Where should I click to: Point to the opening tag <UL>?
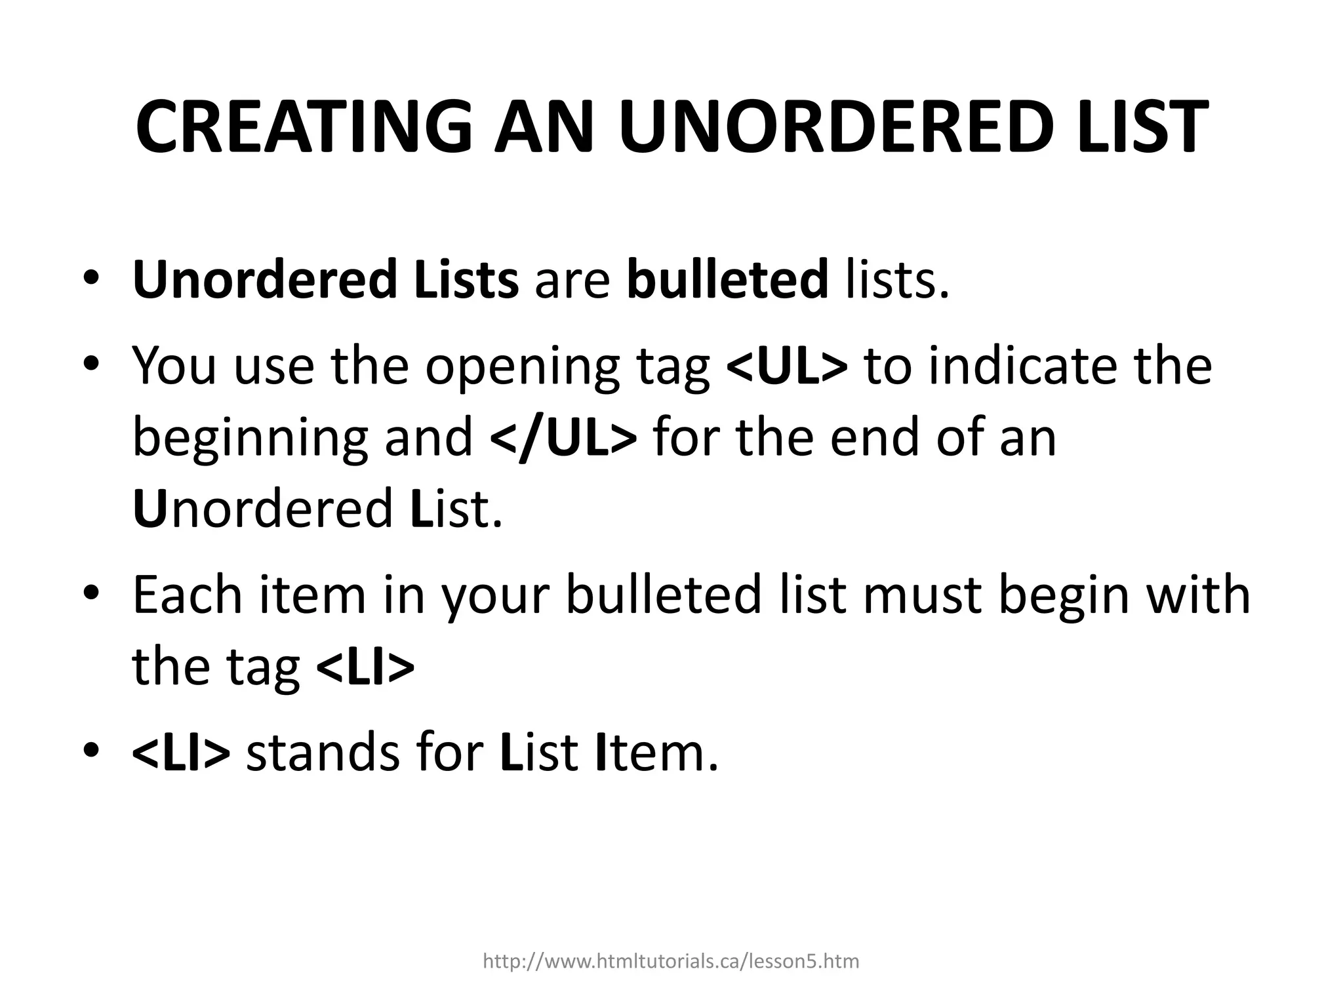pyautogui.click(x=787, y=365)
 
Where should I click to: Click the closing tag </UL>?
pyautogui.click(x=563, y=437)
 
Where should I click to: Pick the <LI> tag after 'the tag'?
pyautogui.click(x=365, y=667)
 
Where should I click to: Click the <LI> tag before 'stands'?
pyautogui.click(x=181, y=753)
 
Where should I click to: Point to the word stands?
pyautogui.click(x=322, y=753)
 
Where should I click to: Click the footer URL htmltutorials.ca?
pyautogui.click(x=671, y=961)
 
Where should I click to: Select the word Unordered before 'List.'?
pyautogui.click(x=262, y=509)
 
